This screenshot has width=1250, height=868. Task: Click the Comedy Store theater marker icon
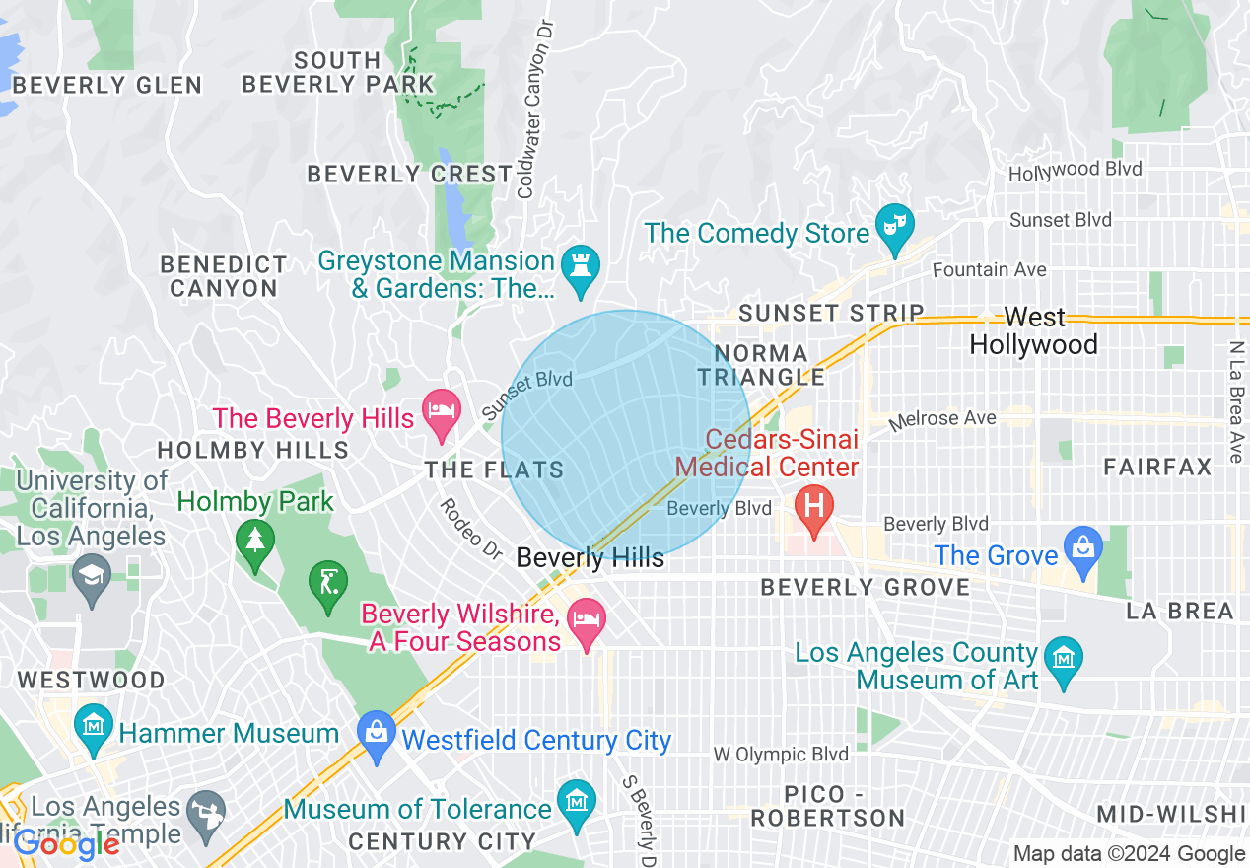(x=894, y=226)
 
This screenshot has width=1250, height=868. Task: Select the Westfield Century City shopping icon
(x=376, y=734)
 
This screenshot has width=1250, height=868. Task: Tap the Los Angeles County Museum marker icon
(x=1064, y=658)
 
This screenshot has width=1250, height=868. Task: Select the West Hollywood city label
(x=1033, y=330)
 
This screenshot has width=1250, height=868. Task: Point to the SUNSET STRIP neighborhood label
(x=831, y=314)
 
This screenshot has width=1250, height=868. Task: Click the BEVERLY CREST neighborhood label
(x=409, y=175)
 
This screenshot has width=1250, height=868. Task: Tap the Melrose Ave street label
(x=941, y=420)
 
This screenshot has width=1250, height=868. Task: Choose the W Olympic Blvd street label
(x=780, y=755)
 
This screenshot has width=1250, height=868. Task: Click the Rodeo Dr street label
(x=471, y=525)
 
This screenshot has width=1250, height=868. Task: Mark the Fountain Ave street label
(x=989, y=269)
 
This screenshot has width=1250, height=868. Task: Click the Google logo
(x=66, y=844)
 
